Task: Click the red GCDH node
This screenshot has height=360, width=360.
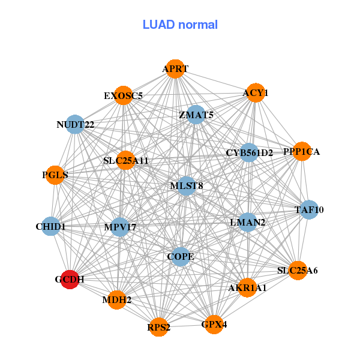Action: click(x=70, y=279)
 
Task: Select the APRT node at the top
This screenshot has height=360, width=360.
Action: click(x=175, y=69)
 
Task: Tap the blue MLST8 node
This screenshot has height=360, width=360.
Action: click(x=187, y=186)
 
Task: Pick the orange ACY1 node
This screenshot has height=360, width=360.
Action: click(x=256, y=93)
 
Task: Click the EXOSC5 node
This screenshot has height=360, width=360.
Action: click(x=123, y=95)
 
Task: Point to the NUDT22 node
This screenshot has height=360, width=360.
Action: click(x=75, y=125)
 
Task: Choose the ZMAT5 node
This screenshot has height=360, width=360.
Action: click(x=196, y=115)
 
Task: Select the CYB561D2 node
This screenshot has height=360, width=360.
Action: click(x=249, y=153)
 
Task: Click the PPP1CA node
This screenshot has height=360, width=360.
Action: click(x=301, y=152)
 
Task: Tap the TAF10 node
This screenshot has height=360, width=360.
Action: click(x=309, y=210)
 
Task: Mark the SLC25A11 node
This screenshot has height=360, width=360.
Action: click(x=125, y=161)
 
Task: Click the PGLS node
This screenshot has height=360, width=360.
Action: click(x=55, y=175)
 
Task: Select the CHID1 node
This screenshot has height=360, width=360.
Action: click(x=51, y=227)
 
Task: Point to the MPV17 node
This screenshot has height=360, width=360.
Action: click(x=120, y=227)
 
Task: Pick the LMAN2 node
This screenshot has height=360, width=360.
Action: click(x=247, y=223)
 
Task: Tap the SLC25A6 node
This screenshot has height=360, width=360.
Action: click(x=298, y=271)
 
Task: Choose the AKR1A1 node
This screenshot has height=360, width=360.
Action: click(x=247, y=287)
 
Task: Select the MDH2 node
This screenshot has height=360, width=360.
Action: click(x=117, y=299)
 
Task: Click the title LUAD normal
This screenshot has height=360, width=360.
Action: click(x=180, y=25)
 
